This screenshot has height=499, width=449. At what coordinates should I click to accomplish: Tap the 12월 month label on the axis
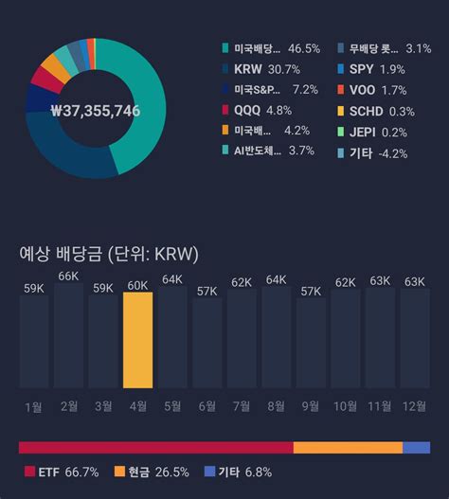click(415, 406)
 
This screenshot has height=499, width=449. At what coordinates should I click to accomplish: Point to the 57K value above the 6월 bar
click(207, 291)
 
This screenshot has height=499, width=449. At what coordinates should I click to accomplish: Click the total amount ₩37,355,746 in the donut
click(96, 111)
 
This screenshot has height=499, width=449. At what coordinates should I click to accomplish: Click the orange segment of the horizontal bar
click(348, 447)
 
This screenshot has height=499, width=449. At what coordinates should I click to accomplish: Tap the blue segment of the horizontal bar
click(416, 447)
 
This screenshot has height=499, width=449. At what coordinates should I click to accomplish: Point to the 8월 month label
click(276, 406)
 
